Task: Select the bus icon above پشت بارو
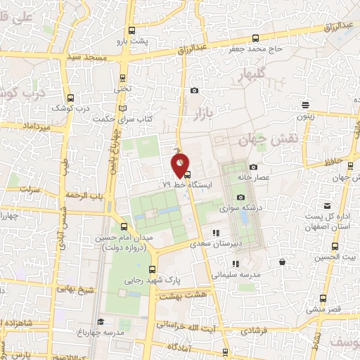[132, 30]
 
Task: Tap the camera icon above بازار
[194, 90]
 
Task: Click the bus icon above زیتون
[305, 105]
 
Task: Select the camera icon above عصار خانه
[253, 167]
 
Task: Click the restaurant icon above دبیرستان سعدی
[216, 233]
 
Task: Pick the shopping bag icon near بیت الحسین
[281, 262]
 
